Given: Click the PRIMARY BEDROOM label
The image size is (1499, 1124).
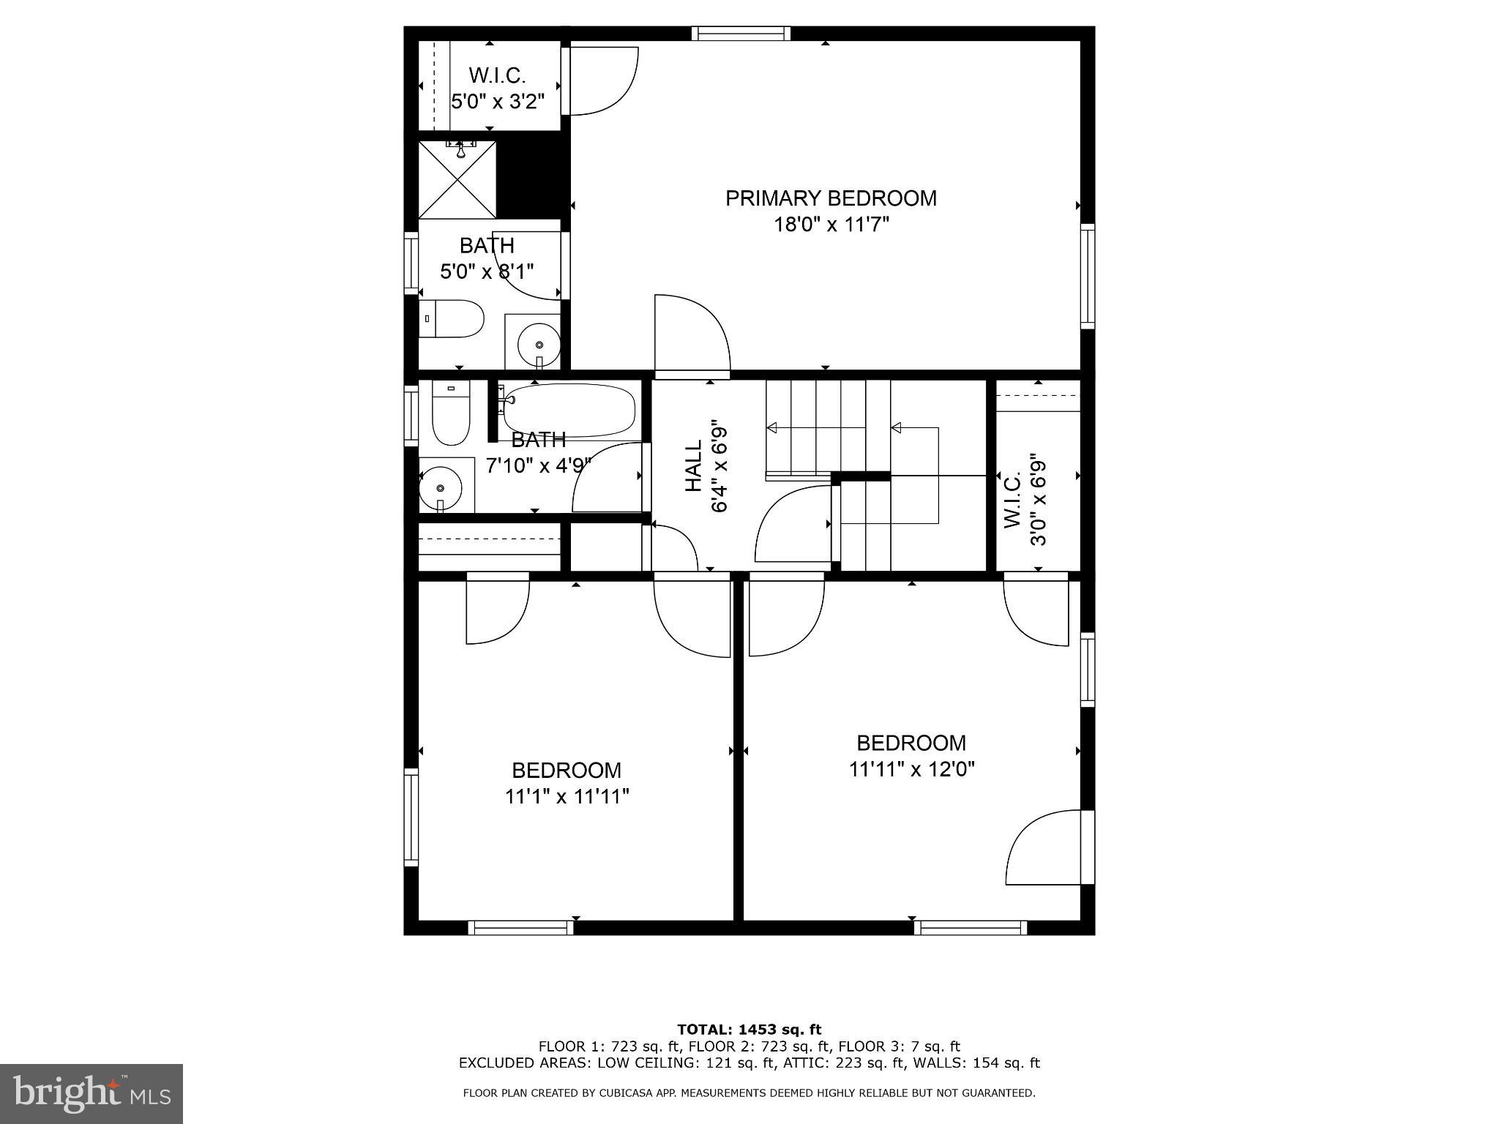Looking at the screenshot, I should pos(831,198).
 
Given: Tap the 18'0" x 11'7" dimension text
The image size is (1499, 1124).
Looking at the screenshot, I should pos(831,225).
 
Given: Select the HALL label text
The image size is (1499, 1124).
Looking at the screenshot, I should pos(693,465).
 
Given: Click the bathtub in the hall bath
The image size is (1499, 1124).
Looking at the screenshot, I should pos(569,410).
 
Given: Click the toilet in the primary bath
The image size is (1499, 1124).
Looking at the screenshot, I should pos(454,319).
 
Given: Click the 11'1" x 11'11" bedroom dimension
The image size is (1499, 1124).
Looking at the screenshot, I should pos(567,796).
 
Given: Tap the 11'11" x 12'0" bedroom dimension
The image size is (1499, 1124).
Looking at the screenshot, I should pos(911,769).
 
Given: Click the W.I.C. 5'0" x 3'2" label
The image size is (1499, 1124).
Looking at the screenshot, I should pos(498,88).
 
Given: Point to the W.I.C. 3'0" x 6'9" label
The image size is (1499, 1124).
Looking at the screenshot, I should pos(1025,501).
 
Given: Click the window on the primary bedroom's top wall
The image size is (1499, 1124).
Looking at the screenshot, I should pos(741,33).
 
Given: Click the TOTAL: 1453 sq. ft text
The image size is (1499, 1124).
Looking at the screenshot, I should pos(749,1030).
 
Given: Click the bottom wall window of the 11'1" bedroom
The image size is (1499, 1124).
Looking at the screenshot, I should pos(520,928).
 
